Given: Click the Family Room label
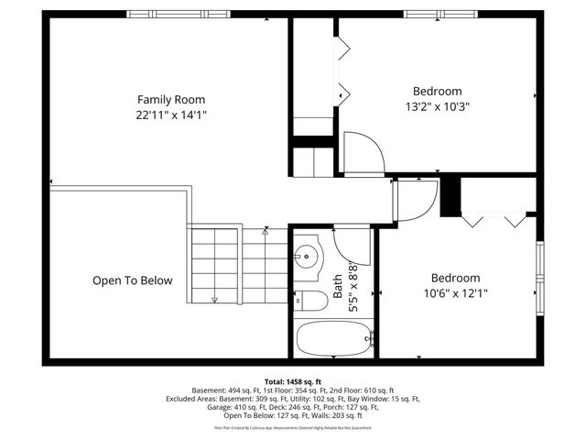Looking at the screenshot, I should pyautogui.click(x=171, y=99).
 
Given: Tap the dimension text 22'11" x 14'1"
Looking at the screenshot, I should pyautogui.click(x=171, y=115).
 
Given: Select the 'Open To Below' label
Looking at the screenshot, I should pyautogui.click(x=132, y=280).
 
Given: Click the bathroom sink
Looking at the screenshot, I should pyautogui.click(x=308, y=257).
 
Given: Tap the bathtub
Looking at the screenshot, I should pyautogui.click(x=334, y=339).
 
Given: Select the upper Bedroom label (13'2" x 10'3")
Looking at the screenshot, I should pyautogui.click(x=437, y=91).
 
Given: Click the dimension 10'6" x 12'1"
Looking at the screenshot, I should pyautogui.click(x=455, y=293).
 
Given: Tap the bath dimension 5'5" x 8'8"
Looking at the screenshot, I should pyautogui.click(x=353, y=290).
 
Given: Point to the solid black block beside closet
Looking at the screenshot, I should pyautogui.click(x=450, y=196).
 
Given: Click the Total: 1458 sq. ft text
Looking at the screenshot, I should pyautogui.click(x=292, y=380).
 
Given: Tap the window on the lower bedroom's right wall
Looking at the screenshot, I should pyautogui.click(x=540, y=275).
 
